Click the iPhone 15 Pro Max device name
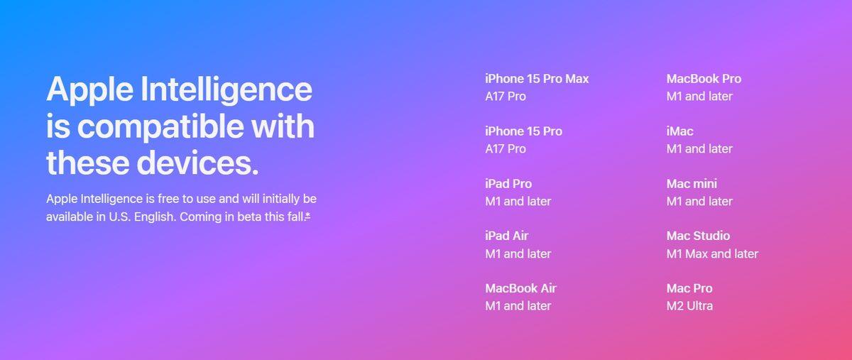tap(537, 79)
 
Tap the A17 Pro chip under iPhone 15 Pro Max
tap(506, 97)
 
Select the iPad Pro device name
tap(508, 184)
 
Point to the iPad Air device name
tap(507, 236)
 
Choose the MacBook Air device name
tap(520, 288)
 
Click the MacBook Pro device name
tap(704, 79)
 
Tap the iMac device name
tap(680, 131)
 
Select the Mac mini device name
tap(692, 184)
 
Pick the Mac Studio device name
tap(698, 236)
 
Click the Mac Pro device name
tap(689, 288)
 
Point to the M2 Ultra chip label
tap(689, 306)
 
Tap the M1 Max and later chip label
tap(712, 253)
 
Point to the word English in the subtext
tap(152, 217)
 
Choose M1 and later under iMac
tap(699, 149)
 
